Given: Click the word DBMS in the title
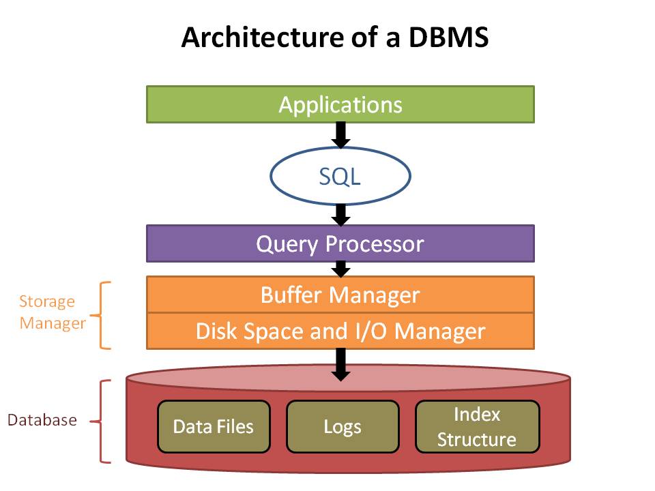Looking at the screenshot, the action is pyautogui.click(x=448, y=37).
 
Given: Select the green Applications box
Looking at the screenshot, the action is pyautogui.click(x=340, y=104).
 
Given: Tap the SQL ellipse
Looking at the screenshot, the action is pyautogui.click(x=340, y=176).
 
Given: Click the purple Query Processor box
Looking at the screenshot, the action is pyautogui.click(x=340, y=244).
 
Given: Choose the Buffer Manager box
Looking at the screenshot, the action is pyautogui.click(x=340, y=295).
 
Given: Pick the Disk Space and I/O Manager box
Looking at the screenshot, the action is pyautogui.click(x=340, y=331).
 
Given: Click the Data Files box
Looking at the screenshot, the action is pyautogui.click(x=214, y=427).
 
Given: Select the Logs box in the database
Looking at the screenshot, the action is pyautogui.click(x=343, y=427).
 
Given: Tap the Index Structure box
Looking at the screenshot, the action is pyautogui.click(x=478, y=427).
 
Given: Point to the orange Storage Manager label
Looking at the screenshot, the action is pyautogui.click(x=53, y=312).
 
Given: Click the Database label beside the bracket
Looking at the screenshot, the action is pyautogui.click(x=42, y=420).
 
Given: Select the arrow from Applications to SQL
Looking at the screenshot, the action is pyautogui.click(x=341, y=135).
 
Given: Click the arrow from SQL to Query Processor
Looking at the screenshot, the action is pyautogui.click(x=341, y=215).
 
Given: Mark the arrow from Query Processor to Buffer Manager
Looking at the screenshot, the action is pyautogui.click(x=341, y=269).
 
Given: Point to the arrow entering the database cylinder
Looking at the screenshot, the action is pyautogui.click(x=341, y=365).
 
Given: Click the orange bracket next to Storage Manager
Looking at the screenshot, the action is pyautogui.click(x=101, y=315).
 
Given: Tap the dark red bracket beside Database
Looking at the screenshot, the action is pyautogui.click(x=101, y=421).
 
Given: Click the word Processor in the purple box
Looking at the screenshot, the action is pyautogui.click(x=375, y=244).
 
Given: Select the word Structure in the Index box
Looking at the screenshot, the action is pyautogui.click(x=477, y=440).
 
